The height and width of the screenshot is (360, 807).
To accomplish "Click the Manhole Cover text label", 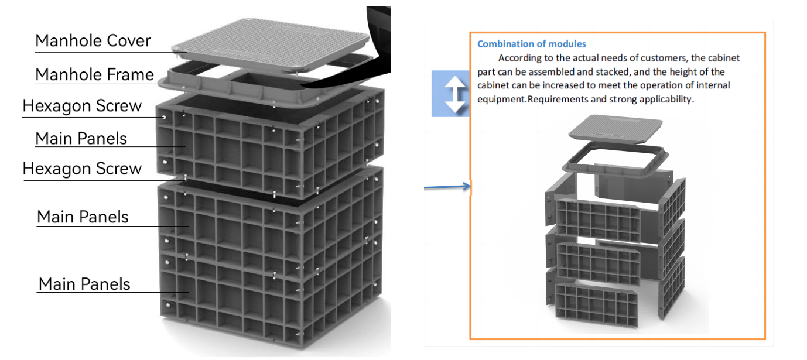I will (93, 41).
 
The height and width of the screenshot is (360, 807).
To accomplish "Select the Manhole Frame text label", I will (94, 75).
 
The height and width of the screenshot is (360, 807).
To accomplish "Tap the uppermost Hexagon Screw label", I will (82, 106).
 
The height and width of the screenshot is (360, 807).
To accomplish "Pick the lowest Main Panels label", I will (84, 284).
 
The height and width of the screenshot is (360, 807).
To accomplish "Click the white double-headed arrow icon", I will (450, 93).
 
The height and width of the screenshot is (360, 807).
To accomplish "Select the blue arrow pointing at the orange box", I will (447, 187).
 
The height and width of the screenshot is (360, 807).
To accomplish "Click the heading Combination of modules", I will (531, 44).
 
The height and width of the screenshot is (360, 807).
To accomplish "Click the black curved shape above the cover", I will (375, 47).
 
